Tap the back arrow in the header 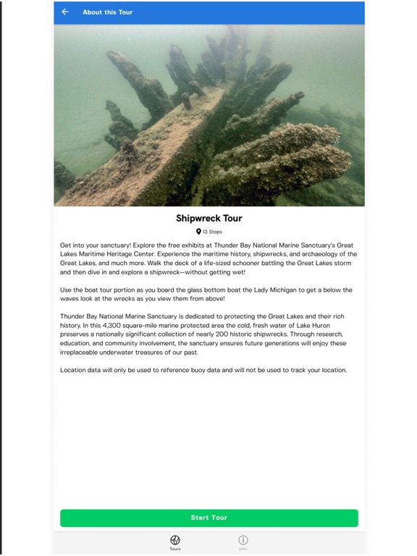point(65,12)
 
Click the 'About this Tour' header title point(107,12)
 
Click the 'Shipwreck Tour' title point(208,218)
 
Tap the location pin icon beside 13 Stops point(198,232)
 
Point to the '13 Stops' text point(213,232)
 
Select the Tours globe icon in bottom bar point(174,540)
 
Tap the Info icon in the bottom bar point(243,540)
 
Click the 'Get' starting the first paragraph point(66,245)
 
